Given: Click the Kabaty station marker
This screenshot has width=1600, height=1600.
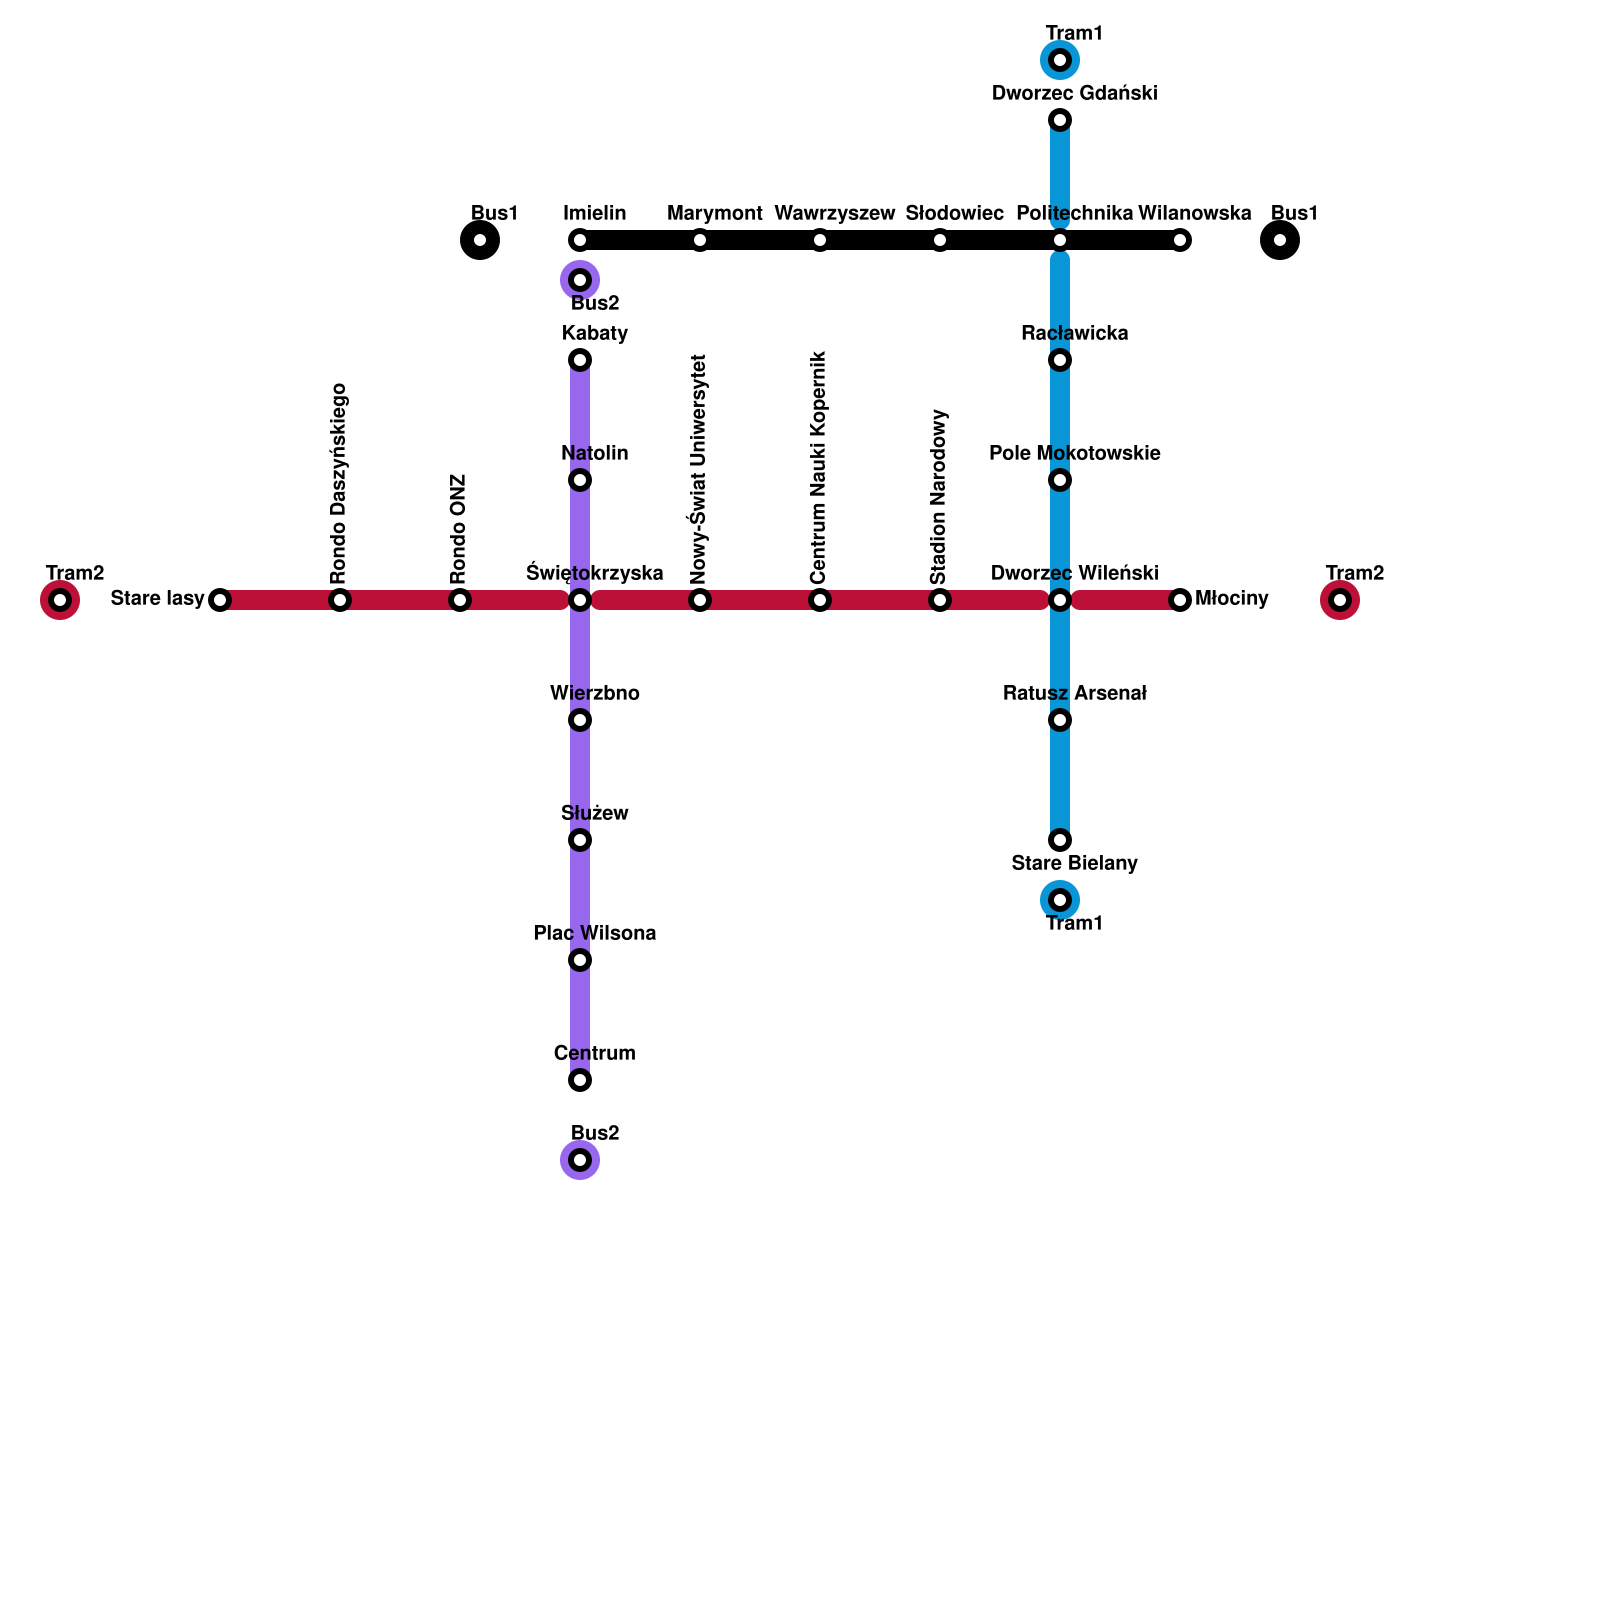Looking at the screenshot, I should (580, 360).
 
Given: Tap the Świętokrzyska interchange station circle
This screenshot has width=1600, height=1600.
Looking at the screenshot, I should (580, 600).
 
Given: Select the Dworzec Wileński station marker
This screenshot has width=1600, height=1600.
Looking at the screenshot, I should (1060, 600).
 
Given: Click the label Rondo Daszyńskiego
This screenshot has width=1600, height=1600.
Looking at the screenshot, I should (339, 483).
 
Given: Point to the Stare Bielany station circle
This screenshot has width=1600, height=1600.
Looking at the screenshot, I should (1060, 840).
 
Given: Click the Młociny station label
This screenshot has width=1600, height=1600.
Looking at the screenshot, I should (1231, 599).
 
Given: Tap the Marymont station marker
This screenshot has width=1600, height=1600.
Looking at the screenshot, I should (700, 240).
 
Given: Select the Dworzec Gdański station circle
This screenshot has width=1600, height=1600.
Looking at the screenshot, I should (1060, 120).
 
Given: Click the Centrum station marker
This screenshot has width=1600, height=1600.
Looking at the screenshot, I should (580, 1080).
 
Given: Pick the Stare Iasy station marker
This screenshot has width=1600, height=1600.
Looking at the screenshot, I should (220, 600).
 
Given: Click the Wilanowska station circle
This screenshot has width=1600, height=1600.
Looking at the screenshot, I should (1180, 240).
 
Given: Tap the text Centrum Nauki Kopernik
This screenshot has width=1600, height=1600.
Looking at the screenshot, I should (819, 467).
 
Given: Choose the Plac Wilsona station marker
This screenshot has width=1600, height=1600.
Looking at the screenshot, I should (580, 960).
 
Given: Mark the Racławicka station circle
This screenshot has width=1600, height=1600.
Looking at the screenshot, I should (1060, 360).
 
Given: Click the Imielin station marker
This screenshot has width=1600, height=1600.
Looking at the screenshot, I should (580, 240).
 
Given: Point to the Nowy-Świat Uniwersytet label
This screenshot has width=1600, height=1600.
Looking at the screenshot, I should (699, 468).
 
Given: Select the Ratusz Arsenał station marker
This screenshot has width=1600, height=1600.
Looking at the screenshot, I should (1060, 720).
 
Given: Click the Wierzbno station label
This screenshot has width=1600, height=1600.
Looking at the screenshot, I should (594, 693).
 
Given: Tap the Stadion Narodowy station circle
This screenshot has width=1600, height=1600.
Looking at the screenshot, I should (940, 600).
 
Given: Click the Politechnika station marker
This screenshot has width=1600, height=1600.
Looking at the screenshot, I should (1060, 240).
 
